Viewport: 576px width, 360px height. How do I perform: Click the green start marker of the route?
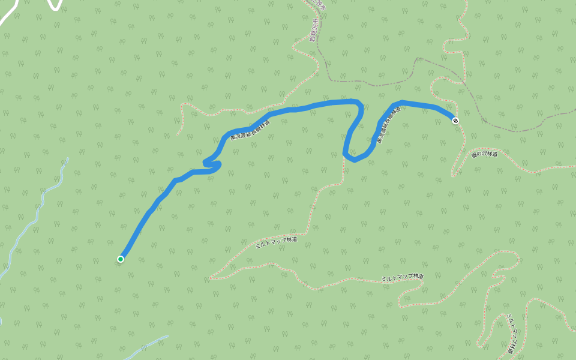tap(121, 259)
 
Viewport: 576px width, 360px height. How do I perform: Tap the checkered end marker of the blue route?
tap(456, 121)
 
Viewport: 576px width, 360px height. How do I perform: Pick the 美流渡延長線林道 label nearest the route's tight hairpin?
tap(248, 130)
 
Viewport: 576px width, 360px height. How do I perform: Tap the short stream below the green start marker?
tap(150, 345)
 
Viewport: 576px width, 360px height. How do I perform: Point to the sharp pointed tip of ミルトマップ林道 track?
tap(210, 279)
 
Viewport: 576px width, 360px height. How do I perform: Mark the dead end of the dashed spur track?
tap(178, 135)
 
